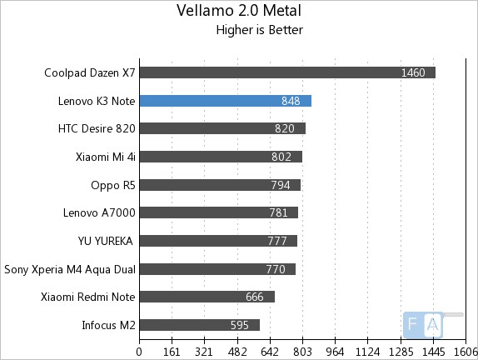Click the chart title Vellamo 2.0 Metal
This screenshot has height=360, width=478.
click(238, 11)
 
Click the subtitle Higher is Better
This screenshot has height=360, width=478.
click(259, 31)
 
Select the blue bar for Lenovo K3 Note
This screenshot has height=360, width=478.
click(225, 101)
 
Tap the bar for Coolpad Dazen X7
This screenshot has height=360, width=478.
click(287, 72)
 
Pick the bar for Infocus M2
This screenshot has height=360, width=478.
click(199, 325)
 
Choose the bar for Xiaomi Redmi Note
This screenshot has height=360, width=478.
click(207, 297)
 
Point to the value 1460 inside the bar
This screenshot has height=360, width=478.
click(413, 72)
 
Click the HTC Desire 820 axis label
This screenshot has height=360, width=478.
click(96, 128)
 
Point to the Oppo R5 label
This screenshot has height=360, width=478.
click(113, 185)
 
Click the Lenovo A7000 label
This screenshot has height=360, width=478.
click(99, 212)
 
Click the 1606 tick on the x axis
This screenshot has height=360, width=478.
click(465, 351)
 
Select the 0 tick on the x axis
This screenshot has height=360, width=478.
click(140, 351)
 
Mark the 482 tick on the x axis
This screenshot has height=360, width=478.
click(237, 351)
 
